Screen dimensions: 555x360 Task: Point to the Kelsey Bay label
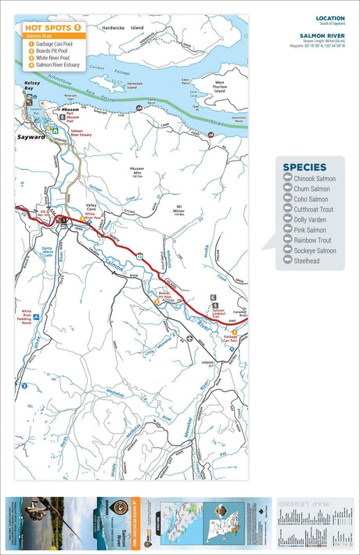[x=32, y=83]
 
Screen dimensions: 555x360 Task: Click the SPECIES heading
[x=310, y=167]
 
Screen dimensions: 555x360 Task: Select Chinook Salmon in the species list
[x=315, y=179]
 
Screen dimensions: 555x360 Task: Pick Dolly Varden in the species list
[x=311, y=220]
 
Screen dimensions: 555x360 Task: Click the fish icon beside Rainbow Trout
[x=286, y=240]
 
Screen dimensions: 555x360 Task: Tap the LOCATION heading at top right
[x=329, y=18]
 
